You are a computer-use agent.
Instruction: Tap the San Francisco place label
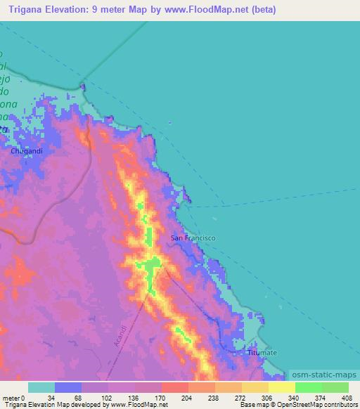[193, 238]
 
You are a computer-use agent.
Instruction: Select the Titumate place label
[262, 351]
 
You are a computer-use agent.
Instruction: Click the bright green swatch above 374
[308, 387]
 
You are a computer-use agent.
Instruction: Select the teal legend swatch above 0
[41, 387]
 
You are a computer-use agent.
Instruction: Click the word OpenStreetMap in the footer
[297, 405]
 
